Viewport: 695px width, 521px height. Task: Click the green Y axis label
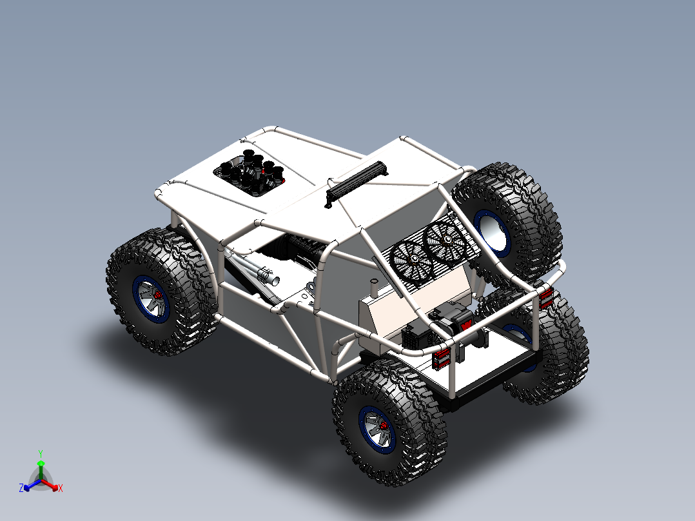pos(40,453)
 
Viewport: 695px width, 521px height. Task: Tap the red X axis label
pos(61,489)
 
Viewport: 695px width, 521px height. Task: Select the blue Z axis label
pos(21,489)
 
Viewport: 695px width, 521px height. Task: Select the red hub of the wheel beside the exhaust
pos(157,295)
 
